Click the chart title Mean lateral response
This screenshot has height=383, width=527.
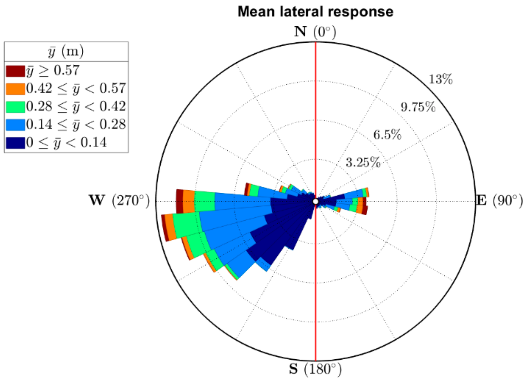point(315,12)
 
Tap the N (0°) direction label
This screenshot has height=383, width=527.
point(315,32)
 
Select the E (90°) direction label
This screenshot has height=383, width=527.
point(499,200)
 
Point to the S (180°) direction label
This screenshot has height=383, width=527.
point(315,369)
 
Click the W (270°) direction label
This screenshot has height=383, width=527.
point(119,200)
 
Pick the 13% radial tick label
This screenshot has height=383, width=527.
point(440,79)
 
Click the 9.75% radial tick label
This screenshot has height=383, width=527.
point(418,107)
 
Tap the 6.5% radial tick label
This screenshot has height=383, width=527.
point(387,135)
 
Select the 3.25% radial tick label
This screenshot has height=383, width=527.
point(363,163)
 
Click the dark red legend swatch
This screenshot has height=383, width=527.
point(15,71)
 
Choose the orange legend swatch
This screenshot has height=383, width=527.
point(15,89)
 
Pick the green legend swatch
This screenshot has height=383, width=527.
point(15,107)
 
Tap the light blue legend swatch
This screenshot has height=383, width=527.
point(15,125)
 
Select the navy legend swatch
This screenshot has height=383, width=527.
point(15,143)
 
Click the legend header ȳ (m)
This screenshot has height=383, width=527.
point(66,52)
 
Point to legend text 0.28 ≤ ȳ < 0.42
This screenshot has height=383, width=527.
point(76,107)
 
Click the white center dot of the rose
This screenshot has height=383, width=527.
point(316,201)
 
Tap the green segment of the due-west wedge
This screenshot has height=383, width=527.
point(205,201)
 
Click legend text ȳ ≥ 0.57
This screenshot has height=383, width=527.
point(53,71)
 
